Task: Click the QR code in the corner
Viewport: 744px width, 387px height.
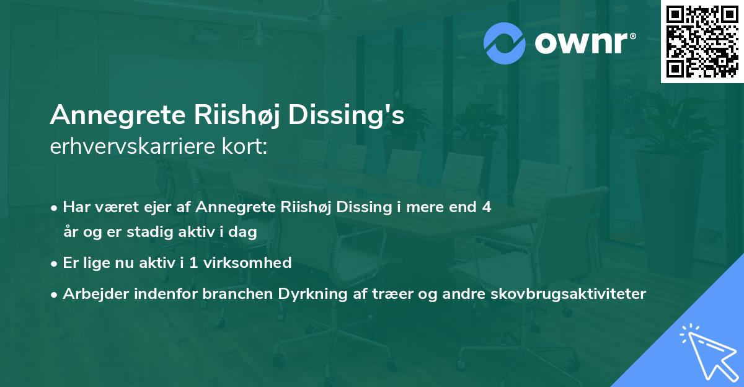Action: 702,42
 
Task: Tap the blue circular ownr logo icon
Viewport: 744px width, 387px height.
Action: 505,43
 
